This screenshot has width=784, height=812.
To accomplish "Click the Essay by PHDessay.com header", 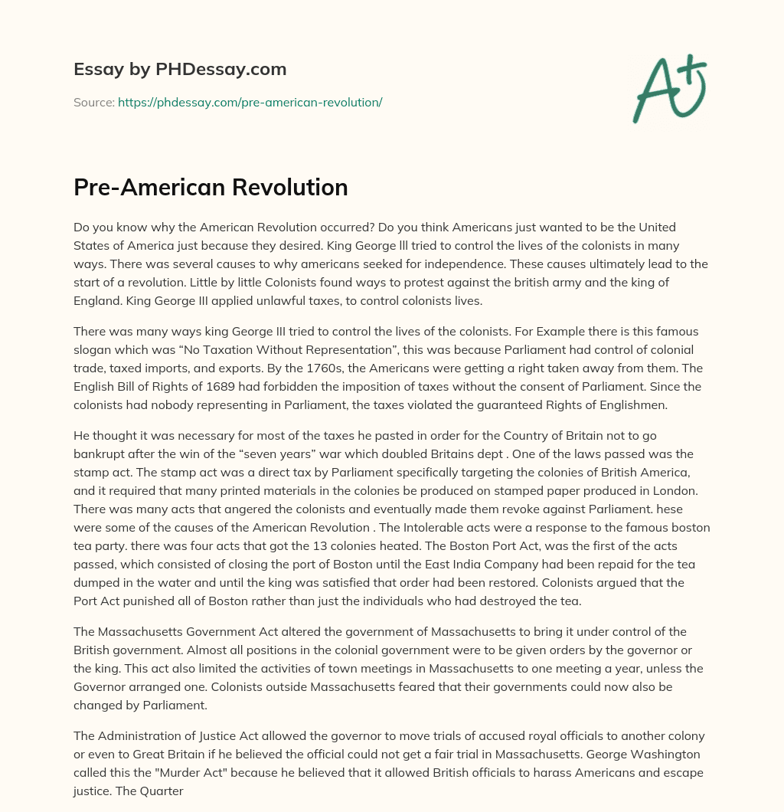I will pos(180,69).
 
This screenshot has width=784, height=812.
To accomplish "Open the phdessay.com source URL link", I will pos(250,102).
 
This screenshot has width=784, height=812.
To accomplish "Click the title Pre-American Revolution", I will pos(211,187).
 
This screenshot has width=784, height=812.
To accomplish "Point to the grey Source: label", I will pos(93,102).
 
